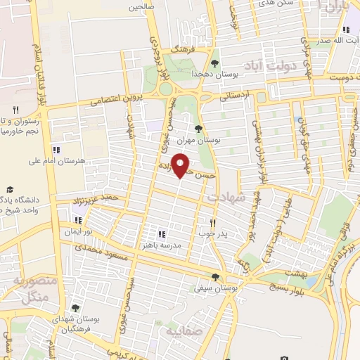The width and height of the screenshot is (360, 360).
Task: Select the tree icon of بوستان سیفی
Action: click(215, 277)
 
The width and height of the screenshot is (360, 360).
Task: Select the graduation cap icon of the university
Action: click(10, 190)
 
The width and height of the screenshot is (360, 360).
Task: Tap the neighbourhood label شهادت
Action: click(227, 198)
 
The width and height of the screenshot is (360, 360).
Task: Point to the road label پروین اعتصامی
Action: click(110, 99)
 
